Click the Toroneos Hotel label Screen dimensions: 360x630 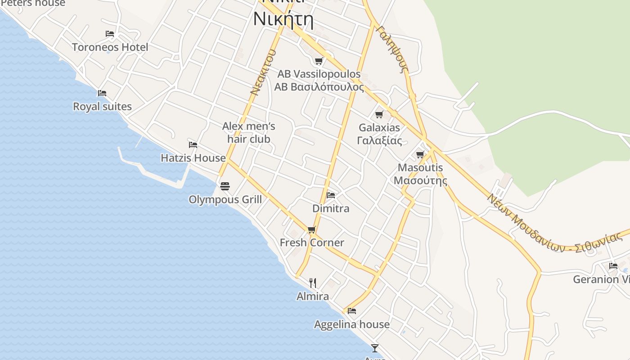[110, 47]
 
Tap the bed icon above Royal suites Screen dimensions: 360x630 [102, 93]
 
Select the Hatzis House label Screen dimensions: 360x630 [193, 158]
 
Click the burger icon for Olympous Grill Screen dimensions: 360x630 [225, 186]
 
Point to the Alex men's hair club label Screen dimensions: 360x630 [249, 132]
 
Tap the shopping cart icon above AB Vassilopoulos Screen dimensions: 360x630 [319, 61]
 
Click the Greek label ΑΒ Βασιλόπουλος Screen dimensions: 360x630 [319, 87]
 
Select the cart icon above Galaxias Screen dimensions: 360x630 [379, 114]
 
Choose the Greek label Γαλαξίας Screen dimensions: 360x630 [379, 140]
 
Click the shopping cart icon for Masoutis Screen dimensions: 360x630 [420, 154]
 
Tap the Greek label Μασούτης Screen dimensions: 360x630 [420, 180]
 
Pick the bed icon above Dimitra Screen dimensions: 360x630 [331, 195]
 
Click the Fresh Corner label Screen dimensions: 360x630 [312, 243]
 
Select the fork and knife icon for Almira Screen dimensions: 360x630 [313, 283]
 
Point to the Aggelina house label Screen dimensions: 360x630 [352, 324]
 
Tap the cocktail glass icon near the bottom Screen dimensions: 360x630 [374, 348]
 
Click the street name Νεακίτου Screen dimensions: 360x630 [262, 72]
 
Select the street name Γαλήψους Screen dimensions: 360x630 [392, 49]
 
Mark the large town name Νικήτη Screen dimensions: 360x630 [283, 19]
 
